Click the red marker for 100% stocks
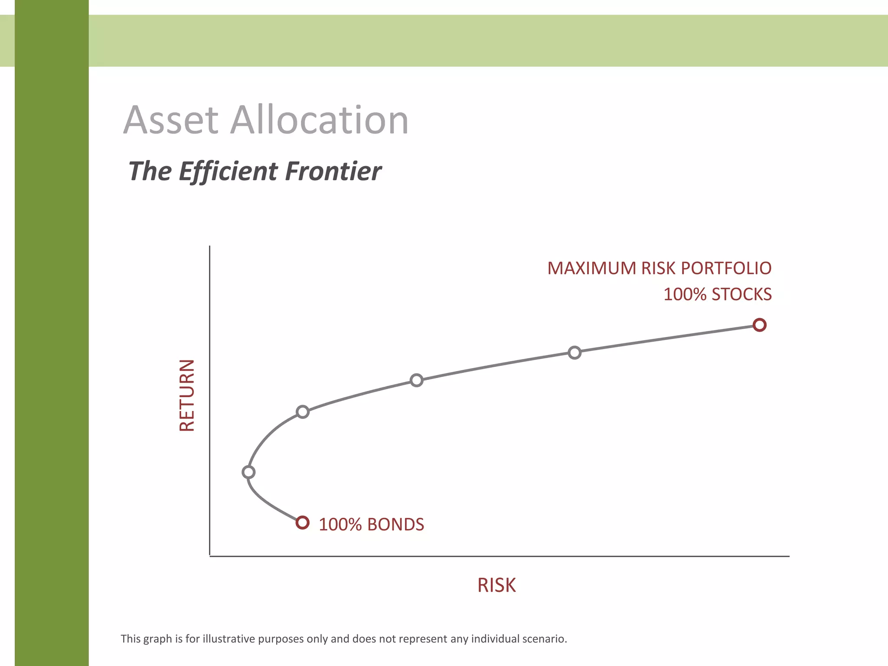pos(759,325)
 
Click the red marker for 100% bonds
pos(303,522)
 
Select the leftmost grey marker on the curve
pos(248,472)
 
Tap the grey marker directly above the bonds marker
pos(303,412)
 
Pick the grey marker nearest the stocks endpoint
pos(575,353)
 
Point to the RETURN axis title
pos(187,395)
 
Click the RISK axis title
pos(496,585)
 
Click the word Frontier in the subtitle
pos(333,171)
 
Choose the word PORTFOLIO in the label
pos(726,268)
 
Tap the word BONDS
pos(395,525)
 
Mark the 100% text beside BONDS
pos(340,525)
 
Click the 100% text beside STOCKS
pos(685,295)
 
